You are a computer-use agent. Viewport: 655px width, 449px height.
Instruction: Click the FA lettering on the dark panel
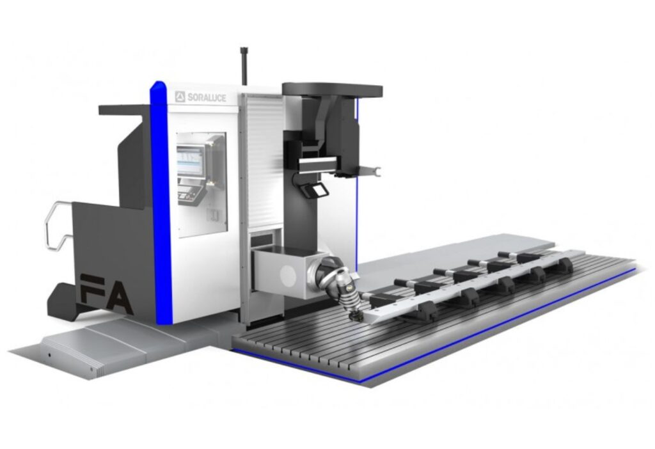pos(106,294)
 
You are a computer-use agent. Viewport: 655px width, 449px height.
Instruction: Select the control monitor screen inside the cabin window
pos(189,159)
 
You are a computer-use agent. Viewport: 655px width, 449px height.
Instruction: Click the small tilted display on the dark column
pos(317,189)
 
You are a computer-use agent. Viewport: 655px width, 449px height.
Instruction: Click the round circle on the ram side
pos(288,276)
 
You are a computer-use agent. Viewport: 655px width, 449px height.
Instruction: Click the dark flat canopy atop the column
pos(332,90)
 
